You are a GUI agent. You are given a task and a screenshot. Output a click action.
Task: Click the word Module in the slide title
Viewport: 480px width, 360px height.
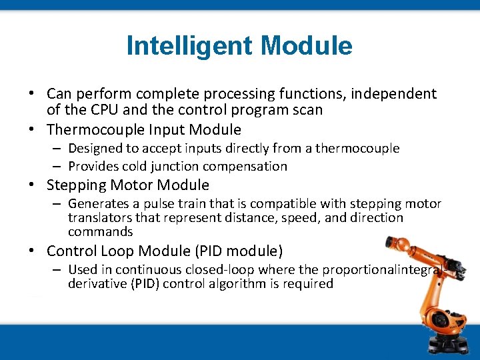coord(307,46)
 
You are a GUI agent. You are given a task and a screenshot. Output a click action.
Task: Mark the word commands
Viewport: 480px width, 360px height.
coord(100,231)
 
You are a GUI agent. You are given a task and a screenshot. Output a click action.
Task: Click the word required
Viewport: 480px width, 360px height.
coord(310,283)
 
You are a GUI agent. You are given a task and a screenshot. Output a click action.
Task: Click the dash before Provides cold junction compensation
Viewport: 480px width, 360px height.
coord(58,166)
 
